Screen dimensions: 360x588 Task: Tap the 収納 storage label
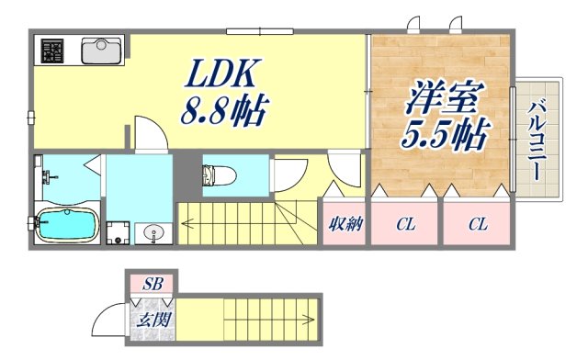pos(345,224)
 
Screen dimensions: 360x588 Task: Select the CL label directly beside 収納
pos(405,224)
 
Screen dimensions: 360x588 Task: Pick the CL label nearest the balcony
pos(476,224)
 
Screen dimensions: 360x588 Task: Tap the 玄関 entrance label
pos(151,321)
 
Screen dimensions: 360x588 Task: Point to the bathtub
pos(66,225)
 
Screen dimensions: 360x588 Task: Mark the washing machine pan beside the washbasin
pos(117,231)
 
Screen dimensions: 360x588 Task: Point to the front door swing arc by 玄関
pos(106,321)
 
